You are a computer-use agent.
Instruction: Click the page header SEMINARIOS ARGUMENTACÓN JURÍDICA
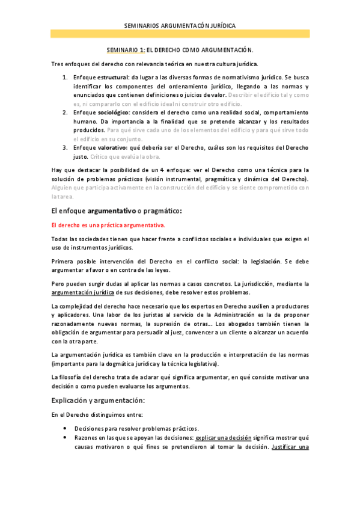(x=180, y=26)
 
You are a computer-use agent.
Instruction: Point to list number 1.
(x=65, y=78)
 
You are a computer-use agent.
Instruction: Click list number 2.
(x=65, y=112)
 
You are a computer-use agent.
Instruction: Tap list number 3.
(x=65, y=147)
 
